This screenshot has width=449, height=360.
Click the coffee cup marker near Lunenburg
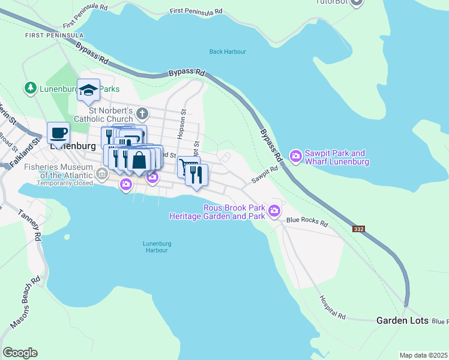click(x=58, y=132)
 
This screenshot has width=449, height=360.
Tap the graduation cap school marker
click(x=88, y=90)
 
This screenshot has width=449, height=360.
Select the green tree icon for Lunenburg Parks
click(x=29, y=88)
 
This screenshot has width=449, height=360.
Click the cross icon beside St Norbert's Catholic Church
click(x=142, y=113)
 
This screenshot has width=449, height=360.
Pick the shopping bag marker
click(x=139, y=161)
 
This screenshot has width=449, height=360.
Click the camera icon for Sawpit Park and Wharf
click(x=295, y=157)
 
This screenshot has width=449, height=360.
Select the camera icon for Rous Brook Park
click(x=274, y=211)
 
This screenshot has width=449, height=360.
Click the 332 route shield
click(x=359, y=229)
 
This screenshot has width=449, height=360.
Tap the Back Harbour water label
click(x=228, y=52)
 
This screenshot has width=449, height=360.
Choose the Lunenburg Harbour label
click(x=157, y=247)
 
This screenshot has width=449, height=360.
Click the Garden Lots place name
click(x=402, y=320)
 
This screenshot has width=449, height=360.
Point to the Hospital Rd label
click(x=333, y=306)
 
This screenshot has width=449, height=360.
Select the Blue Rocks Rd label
click(x=307, y=221)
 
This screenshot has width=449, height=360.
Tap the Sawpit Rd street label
click(x=265, y=174)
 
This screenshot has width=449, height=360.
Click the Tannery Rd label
click(x=28, y=224)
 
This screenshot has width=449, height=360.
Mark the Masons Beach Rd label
click(x=25, y=302)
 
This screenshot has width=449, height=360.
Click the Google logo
click(x=20, y=353)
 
